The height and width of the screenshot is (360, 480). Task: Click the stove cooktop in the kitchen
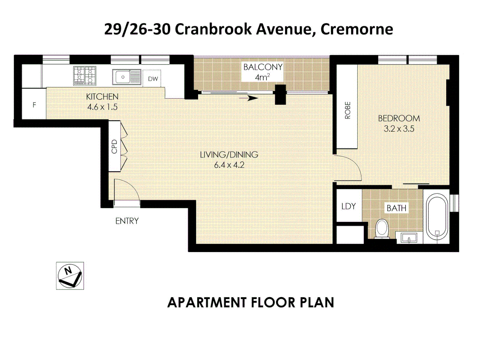pos(85,76)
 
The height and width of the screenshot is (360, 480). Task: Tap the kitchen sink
pos(126,77)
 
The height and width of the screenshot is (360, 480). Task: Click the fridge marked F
pos(34,105)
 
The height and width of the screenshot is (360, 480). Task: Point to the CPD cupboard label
pos(114,146)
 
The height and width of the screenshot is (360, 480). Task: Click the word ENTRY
pos(127,221)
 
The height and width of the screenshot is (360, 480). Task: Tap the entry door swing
pos(127,192)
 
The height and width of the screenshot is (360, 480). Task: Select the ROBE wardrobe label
pos(347,110)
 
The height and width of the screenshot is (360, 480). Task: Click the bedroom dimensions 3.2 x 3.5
pos(399,129)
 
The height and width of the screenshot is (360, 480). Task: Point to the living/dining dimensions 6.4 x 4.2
pos(229,165)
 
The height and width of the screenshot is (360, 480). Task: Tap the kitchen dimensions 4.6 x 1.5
pos(102,107)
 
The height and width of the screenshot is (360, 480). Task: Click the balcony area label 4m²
pos(262,77)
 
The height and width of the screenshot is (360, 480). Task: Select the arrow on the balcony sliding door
pos(249,98)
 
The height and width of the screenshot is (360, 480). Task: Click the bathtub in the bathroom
pos(437,217)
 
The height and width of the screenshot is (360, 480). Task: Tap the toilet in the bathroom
pos(382,229)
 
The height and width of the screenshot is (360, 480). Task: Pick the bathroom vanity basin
pos(409,238)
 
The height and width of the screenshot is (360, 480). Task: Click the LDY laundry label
pos(348,206)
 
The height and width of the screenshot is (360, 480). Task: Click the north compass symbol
pos(70,276)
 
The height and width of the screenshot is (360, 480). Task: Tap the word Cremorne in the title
pos(356,29)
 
